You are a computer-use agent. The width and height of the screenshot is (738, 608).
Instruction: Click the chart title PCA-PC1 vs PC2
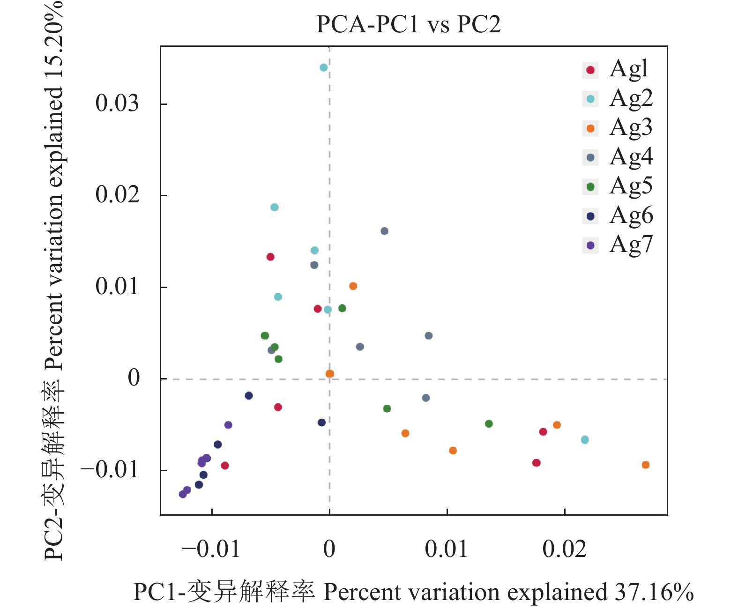tap(408, 24)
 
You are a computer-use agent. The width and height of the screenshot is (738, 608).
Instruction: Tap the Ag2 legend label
tap(631, 98)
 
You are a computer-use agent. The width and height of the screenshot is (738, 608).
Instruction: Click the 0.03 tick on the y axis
tap(117, 103)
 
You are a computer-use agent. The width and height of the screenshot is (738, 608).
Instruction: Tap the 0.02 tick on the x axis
tap(564, 549)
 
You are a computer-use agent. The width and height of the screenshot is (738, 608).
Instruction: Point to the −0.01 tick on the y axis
tap(110, 470)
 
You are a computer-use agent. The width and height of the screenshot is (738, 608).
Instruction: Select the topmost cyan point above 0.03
tap(323, 68)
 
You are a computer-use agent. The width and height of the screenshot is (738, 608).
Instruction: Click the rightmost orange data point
tap(645, 465)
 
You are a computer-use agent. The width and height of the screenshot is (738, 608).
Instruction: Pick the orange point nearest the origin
tap(330, 374)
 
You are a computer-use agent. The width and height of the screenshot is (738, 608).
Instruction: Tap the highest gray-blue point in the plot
tap(384, 231)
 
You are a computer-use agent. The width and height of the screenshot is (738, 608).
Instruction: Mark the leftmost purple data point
tap(183, 494)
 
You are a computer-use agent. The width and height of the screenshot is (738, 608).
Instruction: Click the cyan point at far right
tap(585, 440)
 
